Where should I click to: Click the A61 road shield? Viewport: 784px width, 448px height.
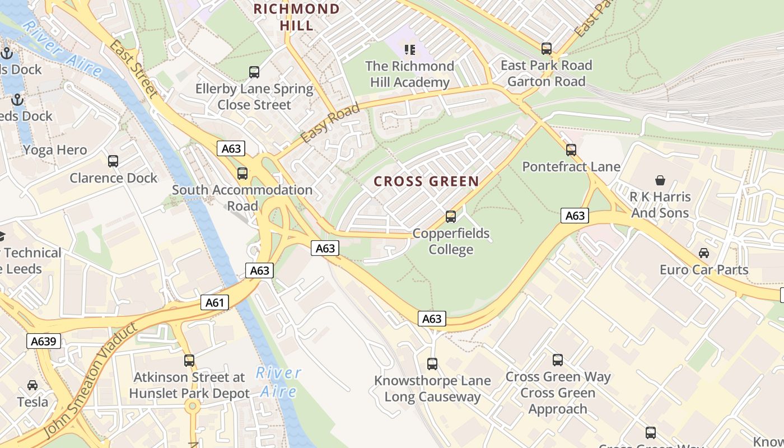214,303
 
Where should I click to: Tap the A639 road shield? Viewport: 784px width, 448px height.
44,341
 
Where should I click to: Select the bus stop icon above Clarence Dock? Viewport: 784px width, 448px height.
113,161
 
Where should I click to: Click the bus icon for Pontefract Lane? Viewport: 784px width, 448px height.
571,150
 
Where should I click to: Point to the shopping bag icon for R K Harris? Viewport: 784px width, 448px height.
660,180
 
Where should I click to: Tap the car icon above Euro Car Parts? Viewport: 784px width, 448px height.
704,253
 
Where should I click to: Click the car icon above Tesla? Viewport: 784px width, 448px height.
32,385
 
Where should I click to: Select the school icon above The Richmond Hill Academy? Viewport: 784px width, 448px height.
410,50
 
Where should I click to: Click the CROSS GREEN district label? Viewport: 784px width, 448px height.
426,181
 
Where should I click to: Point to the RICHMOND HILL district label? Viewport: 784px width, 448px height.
297,17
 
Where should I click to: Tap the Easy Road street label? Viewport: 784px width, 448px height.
330,123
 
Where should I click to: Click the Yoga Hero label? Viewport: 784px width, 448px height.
55,150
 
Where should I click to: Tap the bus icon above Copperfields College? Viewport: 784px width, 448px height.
451,217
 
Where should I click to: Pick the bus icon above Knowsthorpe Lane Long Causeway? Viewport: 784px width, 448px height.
432,364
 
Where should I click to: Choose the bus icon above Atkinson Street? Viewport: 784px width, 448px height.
189,361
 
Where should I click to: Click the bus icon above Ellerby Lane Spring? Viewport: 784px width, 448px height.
254,72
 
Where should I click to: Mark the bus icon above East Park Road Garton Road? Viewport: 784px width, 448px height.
547,49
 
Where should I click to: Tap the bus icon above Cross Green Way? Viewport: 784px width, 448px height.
558,360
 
